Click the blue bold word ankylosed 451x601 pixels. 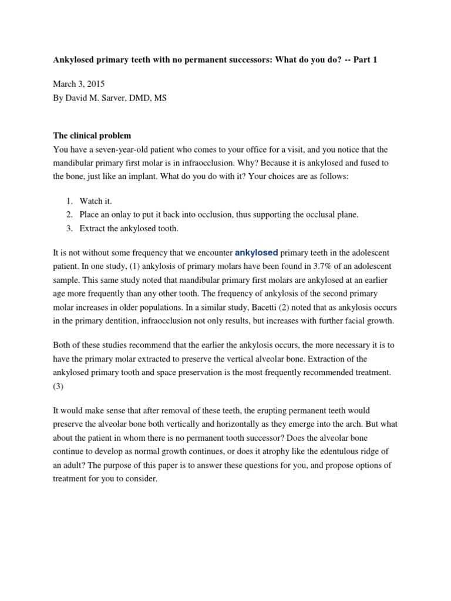[256, 253]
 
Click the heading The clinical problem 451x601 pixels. [92, 136]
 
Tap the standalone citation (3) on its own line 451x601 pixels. [59, 387]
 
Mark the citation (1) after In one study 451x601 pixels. [131, 267]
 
